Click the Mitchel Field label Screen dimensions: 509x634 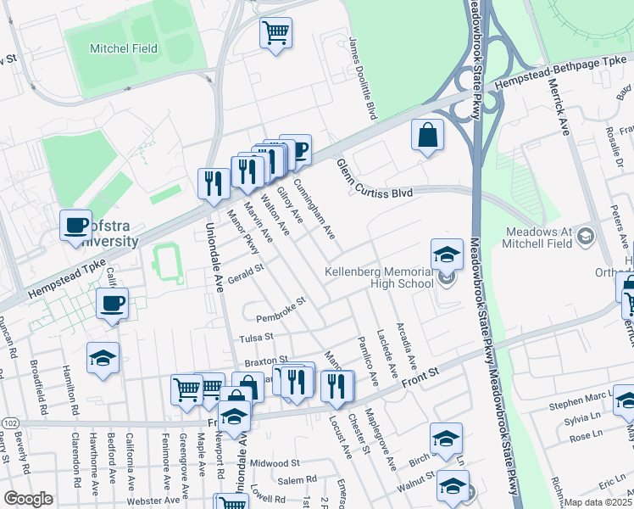(x=124, y=48)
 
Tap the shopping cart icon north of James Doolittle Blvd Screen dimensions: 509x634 (x=275, y=34)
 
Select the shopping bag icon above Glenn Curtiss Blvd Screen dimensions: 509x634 (x=429, y=135)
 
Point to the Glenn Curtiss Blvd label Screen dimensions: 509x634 (x=374, y=179)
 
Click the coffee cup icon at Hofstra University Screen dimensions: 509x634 (x=76, y=226)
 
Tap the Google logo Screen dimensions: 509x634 (x=28, y=498)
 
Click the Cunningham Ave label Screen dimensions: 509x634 (x=314, y=209)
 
